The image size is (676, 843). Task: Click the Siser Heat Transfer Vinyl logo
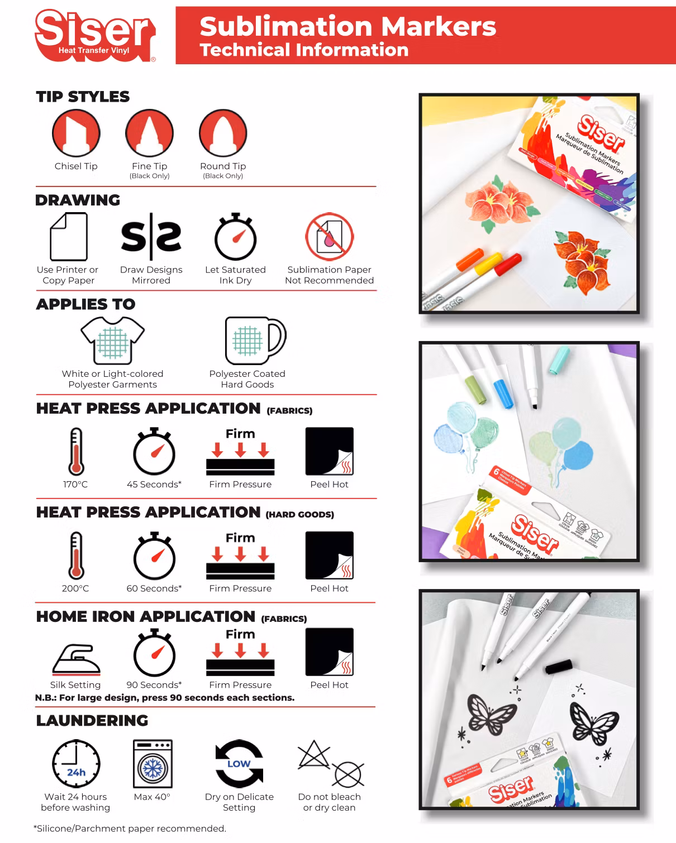(96, 35)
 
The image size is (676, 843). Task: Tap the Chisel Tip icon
(76, 133)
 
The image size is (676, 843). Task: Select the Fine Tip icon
(149, 133)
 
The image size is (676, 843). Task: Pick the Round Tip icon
(223, 133)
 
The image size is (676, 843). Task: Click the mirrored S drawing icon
(151, 236)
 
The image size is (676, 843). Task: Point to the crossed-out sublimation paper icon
(330, 236)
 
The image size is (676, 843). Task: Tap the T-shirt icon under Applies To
(112, 341)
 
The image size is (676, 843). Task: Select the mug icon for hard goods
(255, 341)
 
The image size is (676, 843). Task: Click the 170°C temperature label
(75, 484)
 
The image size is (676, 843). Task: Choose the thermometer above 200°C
(76, 555)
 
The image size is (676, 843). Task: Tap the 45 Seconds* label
(154, 484)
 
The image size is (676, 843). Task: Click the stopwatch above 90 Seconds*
(154, 652)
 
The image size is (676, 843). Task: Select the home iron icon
(76, 660)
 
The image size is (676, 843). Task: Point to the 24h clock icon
(76, 764)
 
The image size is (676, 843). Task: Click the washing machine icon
(153, 764)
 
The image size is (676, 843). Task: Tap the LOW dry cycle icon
(239, 764)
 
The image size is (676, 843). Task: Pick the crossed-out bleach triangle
(313, 754)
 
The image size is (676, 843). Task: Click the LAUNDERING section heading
(92, 720)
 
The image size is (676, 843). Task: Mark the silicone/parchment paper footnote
(130, 828)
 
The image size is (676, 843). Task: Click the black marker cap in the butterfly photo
(558, 667)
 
